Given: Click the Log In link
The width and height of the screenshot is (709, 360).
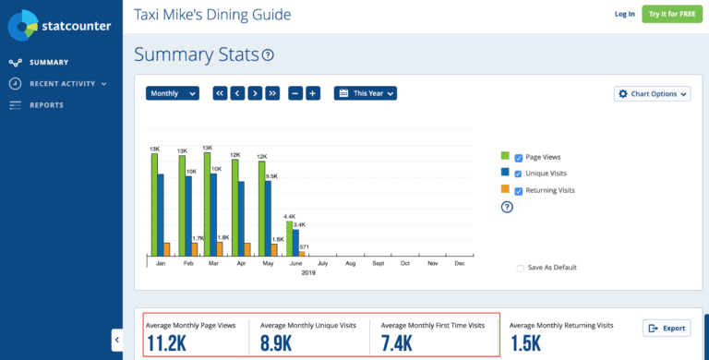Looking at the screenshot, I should (x=625, y=14).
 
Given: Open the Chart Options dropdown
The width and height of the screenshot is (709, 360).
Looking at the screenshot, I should (x=653, y=93).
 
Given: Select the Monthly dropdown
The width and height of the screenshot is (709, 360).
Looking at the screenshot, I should (x=173, y=93).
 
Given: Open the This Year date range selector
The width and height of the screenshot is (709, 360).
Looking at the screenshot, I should (x=366, y=93).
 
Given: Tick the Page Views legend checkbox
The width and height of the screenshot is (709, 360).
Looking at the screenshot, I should (x=519, y=158).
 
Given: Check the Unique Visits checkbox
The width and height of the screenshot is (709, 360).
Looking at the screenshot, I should (x=519, y=174).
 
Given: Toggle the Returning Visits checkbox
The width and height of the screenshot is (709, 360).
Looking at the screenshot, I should (x=519, y=190).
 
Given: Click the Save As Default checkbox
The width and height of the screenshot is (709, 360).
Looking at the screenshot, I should (x=521, y=268).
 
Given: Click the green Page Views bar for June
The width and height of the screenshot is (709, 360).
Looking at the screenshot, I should (x=289, y=238).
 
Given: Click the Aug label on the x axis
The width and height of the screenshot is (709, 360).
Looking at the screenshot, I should (x=350, y=264).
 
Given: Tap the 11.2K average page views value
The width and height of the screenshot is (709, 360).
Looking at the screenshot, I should (x=167, y=344).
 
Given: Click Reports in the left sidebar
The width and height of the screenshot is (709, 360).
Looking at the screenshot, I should (x=46, y=105).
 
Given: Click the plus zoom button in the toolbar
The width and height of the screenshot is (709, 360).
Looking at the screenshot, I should (x=313, y=93).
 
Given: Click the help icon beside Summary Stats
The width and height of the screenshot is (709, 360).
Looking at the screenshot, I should (x=268, y=55).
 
